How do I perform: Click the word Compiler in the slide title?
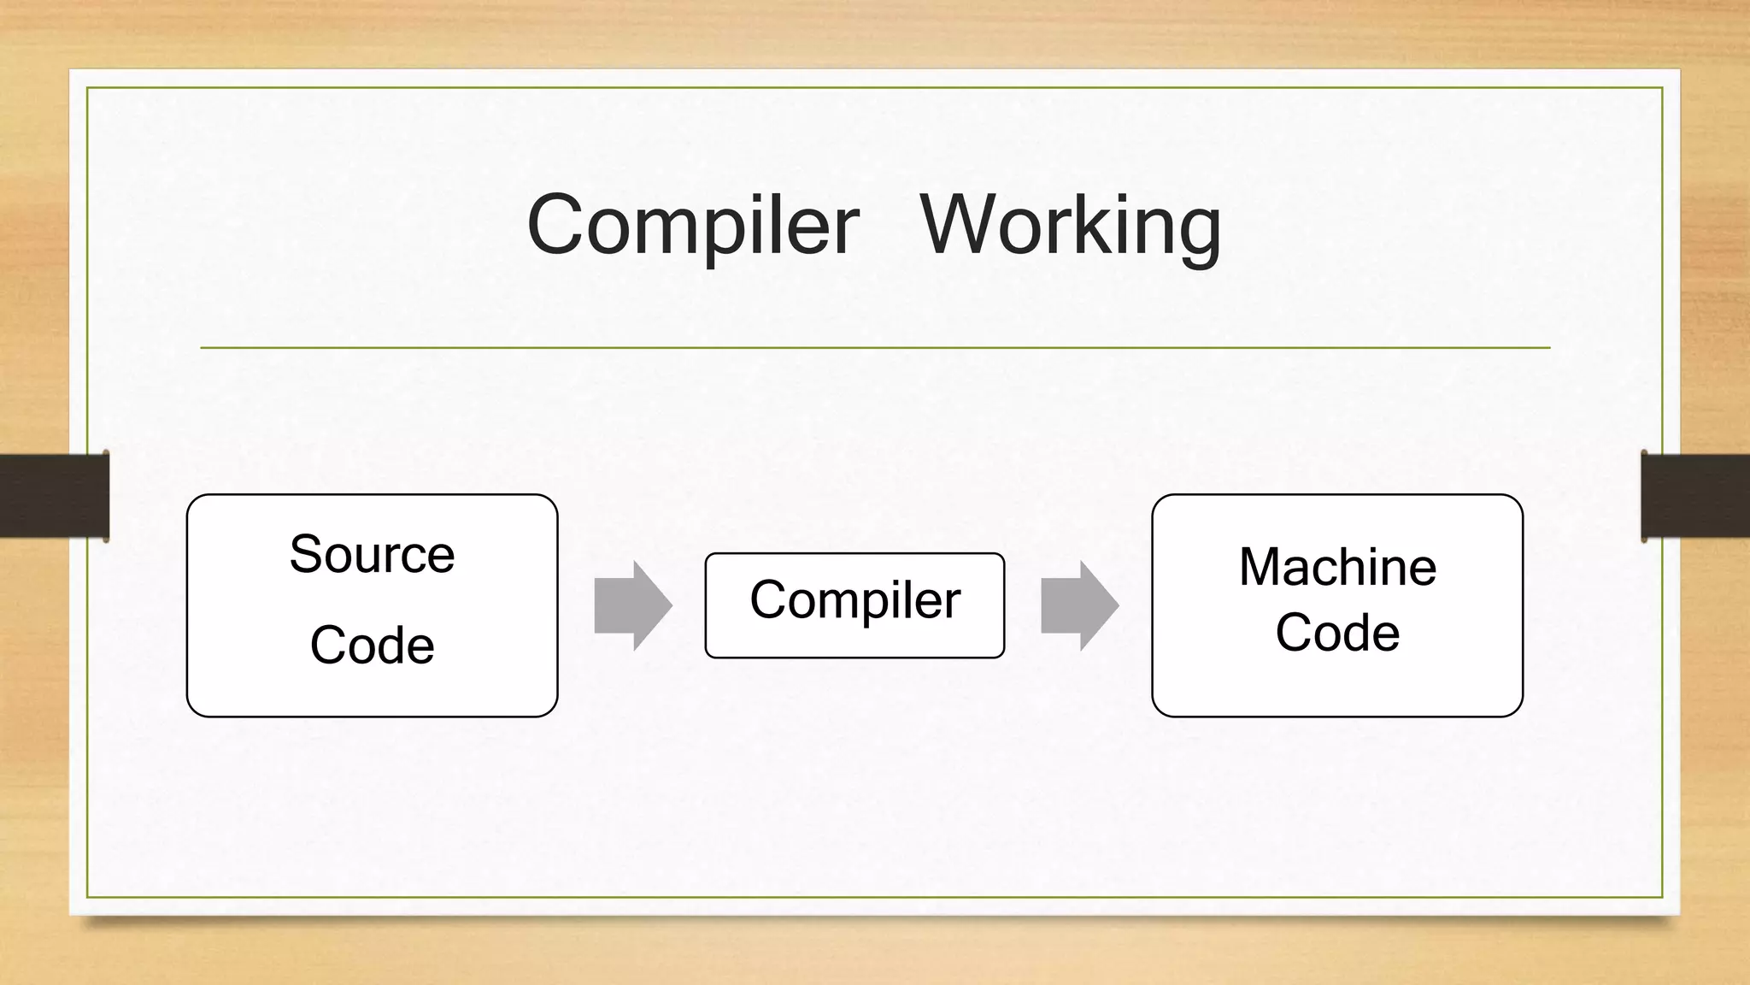692,225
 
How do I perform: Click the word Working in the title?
1070,225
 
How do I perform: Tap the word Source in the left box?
372,554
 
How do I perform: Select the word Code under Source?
372,645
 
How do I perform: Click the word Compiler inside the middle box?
854,600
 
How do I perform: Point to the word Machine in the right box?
1337,567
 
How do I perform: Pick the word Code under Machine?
1337,633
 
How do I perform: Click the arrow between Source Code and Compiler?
633,605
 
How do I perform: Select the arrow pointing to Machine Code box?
1079,605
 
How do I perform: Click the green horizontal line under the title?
875,348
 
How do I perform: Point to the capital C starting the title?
555,224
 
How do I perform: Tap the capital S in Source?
306,554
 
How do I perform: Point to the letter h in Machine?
1354,567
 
